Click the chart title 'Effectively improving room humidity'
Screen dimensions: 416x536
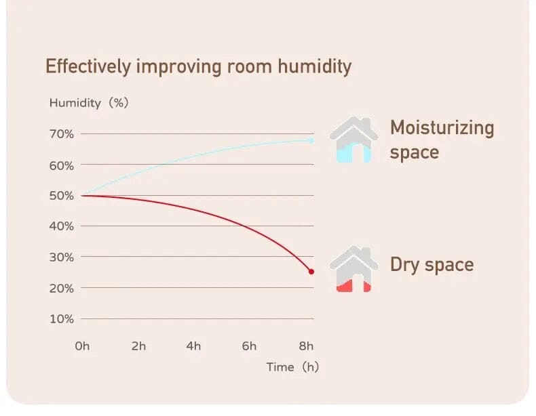198,66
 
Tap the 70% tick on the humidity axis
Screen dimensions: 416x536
61,134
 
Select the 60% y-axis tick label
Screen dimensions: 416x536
61,165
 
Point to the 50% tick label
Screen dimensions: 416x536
61,196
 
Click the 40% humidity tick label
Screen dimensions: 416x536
61,226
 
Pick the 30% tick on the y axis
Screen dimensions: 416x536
61,257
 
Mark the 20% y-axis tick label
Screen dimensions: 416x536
61,288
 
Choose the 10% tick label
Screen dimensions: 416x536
61,318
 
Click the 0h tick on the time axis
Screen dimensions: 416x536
82,346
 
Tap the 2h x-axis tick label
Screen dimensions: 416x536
138,346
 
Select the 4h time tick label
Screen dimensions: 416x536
193,346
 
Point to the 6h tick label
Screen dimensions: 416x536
249,346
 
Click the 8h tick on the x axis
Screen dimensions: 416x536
306,346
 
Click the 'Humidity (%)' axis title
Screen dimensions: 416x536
88,104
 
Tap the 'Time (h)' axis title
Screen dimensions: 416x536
292,367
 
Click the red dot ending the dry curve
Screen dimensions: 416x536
311,272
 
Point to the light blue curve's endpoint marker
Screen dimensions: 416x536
311,140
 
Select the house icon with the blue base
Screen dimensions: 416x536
353,140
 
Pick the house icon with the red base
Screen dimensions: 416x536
353,270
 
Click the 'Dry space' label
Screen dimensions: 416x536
432,264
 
